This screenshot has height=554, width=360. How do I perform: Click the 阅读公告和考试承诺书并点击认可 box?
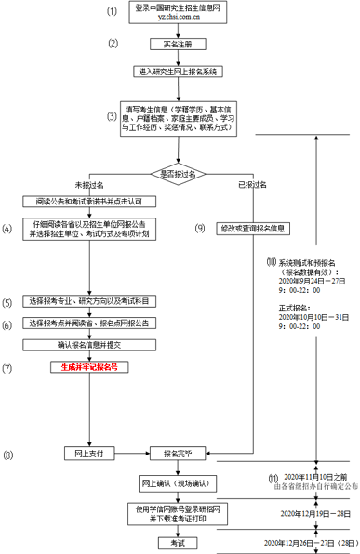click(x=90, y=201)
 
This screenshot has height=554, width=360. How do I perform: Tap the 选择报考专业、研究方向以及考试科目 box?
click(x=90, y=303)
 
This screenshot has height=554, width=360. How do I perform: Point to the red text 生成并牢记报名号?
click(x=90, y=368)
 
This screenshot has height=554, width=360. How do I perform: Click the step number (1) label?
click(x=113, y=12)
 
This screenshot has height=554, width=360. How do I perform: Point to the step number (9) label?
click(x=199, y=228)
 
